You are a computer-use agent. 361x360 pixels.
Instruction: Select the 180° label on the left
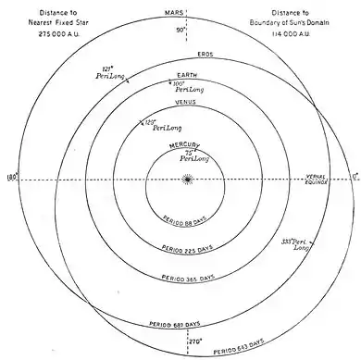pos(10,176)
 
